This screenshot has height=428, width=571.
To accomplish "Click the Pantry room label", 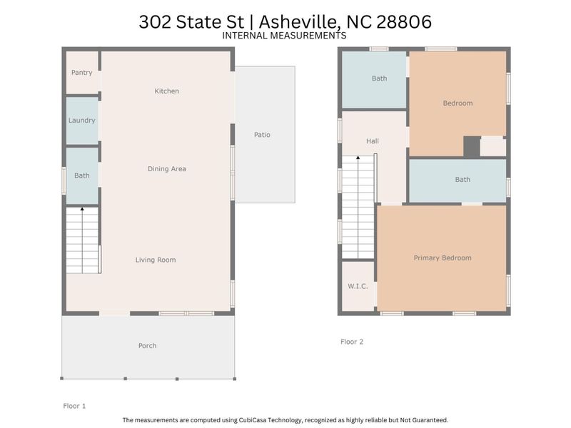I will pyautogui.click(x=81, y=73).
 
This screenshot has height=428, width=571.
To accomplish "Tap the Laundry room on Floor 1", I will pyautogui.click(x=81, y=121).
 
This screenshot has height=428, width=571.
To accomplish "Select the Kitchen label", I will pyautogui.click(x=167, y=91).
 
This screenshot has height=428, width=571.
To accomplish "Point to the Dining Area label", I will pyautogui.click(x=167, y=169).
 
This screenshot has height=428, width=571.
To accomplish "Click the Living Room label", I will pyautogui.click(x=156, y=260).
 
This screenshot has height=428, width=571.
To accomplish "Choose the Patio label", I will pyautogui.click(x=262, y=135).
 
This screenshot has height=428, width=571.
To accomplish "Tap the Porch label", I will pyautogui.click(x=147, y=346).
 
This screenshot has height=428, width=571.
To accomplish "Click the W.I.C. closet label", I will pyautogui.click(x=358, y=287).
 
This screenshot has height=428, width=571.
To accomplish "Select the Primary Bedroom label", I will pyautogui.click(x=443, y=258).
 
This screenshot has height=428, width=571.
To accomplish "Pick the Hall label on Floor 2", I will pyautogui.click(x=373, y=141).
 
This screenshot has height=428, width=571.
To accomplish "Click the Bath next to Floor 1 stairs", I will pyautogui.click(x=81, y=175).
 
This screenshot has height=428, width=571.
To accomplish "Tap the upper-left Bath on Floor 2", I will pyautogui.click(x=379, y=78).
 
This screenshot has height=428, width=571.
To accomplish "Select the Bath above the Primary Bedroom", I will pyautogui.click(x=463, y=180).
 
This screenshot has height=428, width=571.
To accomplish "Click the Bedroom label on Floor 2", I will pyautogui.click(x=458, y=103).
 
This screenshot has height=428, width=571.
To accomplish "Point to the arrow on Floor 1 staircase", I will pyautogui.click(x=82, y=210).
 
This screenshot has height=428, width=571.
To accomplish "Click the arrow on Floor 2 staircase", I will pyautogui.click(x=358, y=158).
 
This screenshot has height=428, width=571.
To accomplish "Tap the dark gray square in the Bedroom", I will pyautogui.click(x=471, y=146).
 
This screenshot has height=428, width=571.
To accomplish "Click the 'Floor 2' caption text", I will pyautogui.click(x=352, y=342).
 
